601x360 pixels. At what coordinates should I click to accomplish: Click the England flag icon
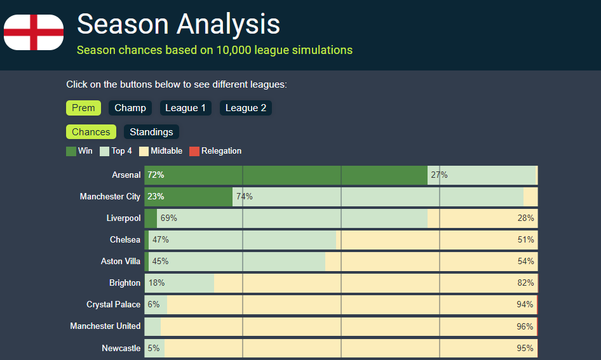[x=34, y=32]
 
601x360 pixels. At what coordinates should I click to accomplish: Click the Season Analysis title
[x=178, y=24]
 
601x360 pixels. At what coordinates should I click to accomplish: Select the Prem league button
[x=83, y=108]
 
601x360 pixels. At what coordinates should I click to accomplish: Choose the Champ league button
[x=130, y=108]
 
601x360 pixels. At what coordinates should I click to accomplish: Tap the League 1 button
[x=186, y=108]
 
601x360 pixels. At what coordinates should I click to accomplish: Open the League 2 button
[x=246, y=108]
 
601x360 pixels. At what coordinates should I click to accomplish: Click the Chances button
[x=91, y=132]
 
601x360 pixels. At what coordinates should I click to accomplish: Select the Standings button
[x=151, y=132]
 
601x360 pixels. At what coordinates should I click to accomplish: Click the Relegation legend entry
[x=216, y=151]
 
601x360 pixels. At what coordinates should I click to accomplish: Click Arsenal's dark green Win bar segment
[x=286, y=175]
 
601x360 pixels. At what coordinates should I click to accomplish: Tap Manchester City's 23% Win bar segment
[x=188, y=197]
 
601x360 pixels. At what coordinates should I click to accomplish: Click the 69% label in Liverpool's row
[x=169, y=218]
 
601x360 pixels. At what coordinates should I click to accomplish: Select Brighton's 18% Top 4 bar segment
[x=180, y=283]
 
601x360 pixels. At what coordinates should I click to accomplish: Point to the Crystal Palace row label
[x=114, y=305]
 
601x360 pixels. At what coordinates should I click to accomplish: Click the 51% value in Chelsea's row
[x=525, y=240]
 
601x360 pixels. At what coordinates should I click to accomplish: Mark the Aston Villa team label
[x=121, y=262]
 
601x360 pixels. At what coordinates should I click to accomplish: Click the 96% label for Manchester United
[x=525, y=326]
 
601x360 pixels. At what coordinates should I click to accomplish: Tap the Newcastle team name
[x=121, y=348]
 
